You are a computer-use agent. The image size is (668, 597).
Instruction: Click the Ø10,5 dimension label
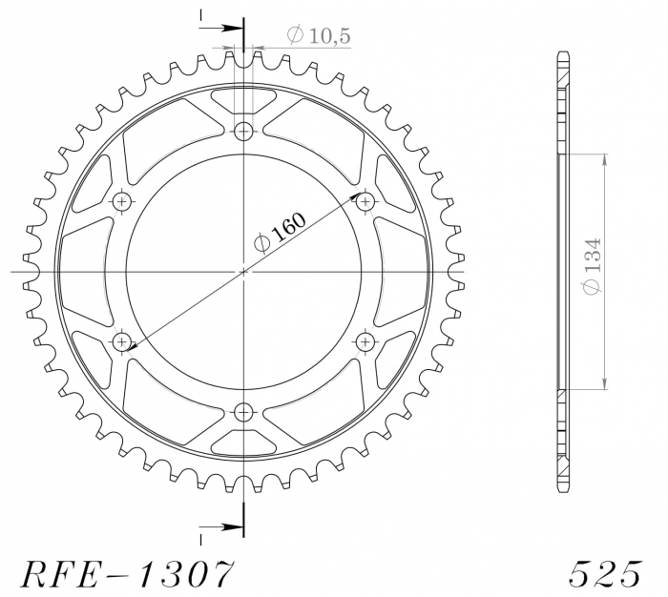click(319, 36)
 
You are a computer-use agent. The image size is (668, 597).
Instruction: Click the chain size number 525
click(603, 573)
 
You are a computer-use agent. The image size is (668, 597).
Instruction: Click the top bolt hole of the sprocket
click(244, 132)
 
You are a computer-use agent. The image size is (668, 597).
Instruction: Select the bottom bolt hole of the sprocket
click(244, 412)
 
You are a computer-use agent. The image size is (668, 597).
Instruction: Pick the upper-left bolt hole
click(122, 201)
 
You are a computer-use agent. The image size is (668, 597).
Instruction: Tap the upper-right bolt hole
click(365, 201)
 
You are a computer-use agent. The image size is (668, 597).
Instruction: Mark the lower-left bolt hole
click(122, 341)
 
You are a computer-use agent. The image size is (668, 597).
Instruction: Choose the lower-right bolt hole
click(365, 341)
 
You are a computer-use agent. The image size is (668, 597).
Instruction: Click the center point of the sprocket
click(244, 272)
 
